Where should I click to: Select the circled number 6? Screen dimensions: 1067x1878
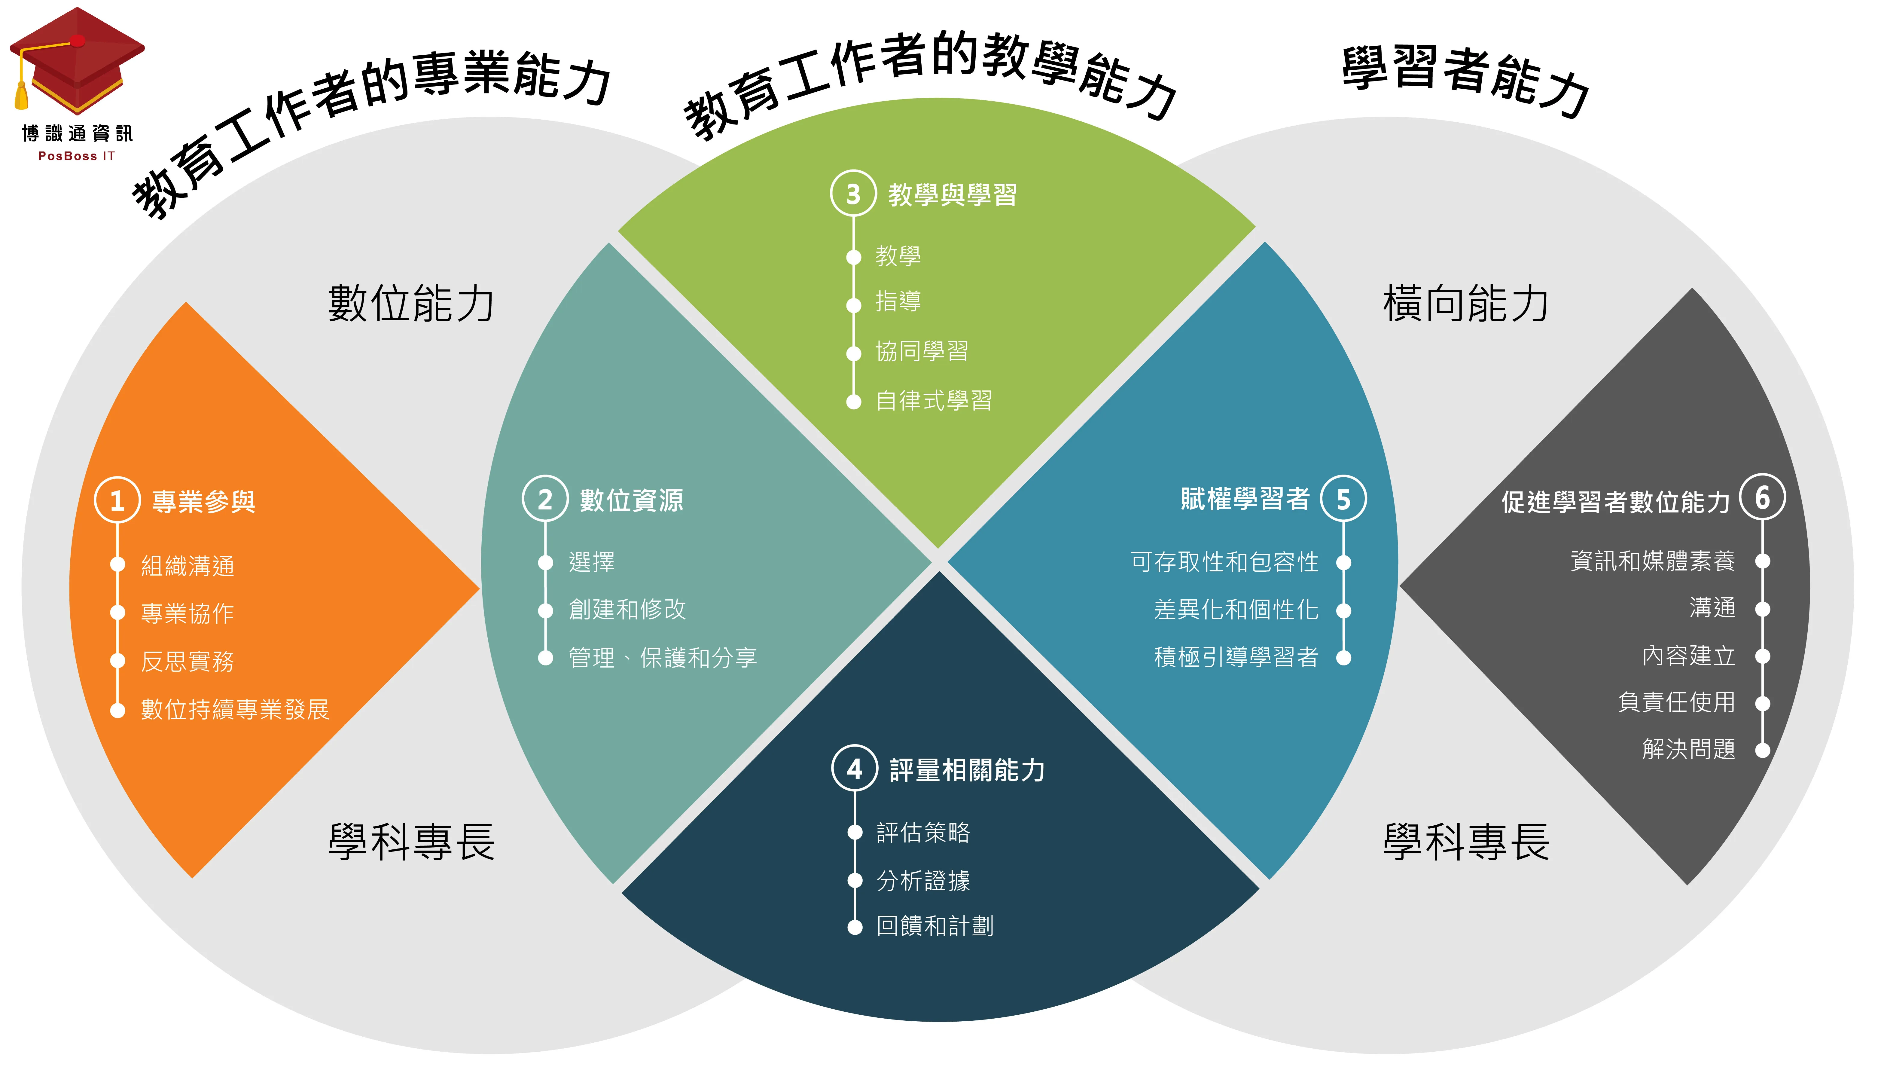(1762, 498)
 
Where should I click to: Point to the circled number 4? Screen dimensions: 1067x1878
(854, 769)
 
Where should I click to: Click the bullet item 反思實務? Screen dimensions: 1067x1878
(187, 661)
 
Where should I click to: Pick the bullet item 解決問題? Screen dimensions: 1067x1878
(1688, 749)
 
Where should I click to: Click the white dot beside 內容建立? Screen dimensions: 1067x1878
(1762, 656)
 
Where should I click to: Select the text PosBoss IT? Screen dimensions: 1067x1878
(76, 156)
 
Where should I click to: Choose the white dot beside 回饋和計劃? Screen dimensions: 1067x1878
(855, 927)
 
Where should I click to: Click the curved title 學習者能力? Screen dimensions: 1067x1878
(1465, 81)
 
